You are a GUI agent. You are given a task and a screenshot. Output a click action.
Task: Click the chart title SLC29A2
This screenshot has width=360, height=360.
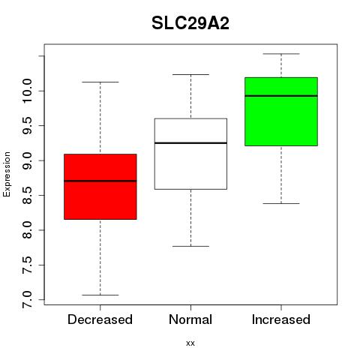pyautogui.click(x=190, y=23)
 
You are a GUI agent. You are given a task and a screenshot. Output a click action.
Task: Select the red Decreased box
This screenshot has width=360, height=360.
pyautogui.click(x=100, y=187)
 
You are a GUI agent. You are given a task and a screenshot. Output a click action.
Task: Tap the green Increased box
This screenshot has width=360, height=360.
pyautogui.click(x=281, y=112)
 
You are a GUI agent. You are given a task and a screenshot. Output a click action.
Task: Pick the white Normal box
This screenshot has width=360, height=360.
pyautogui.click(x=190, y=154)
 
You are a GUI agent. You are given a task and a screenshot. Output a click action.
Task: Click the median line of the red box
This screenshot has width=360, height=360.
pyautogui.click(x=100, y=181)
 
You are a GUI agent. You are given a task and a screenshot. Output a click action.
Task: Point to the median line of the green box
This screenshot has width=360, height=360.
pyautogui.click(x=281, y=96)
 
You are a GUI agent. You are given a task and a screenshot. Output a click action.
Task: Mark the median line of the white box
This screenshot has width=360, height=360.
pyautogui.click(x=190, y=143)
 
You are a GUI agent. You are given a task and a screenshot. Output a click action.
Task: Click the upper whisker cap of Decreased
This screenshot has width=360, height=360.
pyautogui.click(x=100, y=82)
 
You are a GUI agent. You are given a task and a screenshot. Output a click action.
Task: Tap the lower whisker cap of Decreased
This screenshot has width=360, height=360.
pyautogui.click(x=100, y=295)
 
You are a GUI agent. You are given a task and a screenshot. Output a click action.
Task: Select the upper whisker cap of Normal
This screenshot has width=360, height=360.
pyautogui.click(x=190, y=74)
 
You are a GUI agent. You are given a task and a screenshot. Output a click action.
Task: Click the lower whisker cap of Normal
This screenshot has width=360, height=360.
pyautogui.click(x=190, y=246)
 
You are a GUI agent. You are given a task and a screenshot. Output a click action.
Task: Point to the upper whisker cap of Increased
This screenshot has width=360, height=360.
pyautogui.click(x=281, y=54)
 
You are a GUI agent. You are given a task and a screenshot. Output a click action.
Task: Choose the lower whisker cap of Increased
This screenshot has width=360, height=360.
pyautogui.click(x=281, y=203)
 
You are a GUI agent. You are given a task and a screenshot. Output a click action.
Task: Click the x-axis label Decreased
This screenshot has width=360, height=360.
pyautogui.click(x=100, y=319)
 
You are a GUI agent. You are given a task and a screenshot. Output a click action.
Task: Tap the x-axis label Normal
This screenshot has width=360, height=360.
pyautogui.click(x=190, y=319)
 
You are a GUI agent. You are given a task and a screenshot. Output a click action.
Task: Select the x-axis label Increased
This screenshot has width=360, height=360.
pyautogui.click(x=281, y=319)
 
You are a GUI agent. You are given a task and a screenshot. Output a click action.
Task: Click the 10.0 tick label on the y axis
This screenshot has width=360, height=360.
pyautogui.click(x=27, y=91)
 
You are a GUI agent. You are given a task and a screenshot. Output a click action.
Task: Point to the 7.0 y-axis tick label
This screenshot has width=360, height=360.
pyautogui.click(x=27, y=299)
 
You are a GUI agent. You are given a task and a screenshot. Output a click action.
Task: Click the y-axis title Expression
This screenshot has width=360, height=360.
pyautogui.click(x=7, y=174)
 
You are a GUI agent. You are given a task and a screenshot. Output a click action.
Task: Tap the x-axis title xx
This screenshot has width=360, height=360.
pyautogui.click(x=190, y=343)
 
